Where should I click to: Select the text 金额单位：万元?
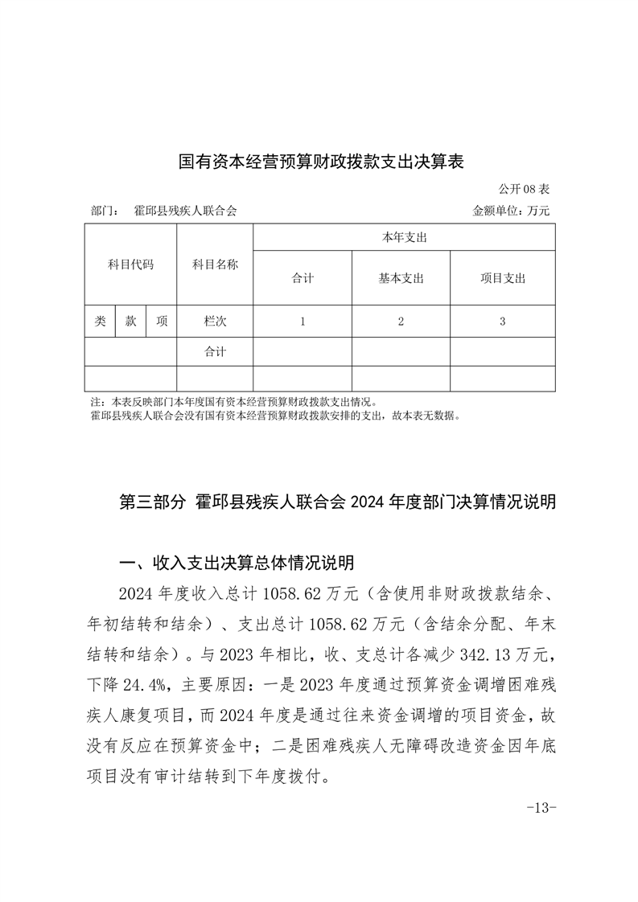(512, 211)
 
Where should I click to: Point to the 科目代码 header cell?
(130, 264)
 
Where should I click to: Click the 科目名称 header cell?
(215, 264)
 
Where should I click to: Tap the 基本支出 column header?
(401, 278)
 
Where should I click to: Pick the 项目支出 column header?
(502, 278)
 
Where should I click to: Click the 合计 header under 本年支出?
(303, 278)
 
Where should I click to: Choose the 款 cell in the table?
(130, 321)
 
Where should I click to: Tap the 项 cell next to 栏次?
(162, 321)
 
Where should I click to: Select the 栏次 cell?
(215, 321)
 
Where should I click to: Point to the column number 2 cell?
(401, 321)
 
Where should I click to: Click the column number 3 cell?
(502, 321)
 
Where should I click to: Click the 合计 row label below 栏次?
(215, 351)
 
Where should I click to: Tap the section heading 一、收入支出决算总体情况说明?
(236, 561)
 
